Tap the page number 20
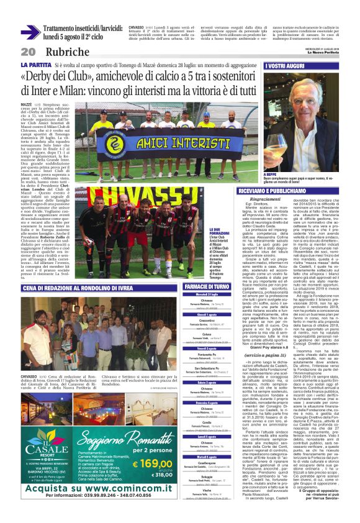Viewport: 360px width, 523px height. click(x=28, y=51)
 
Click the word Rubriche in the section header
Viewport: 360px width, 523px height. click(x=62, y=51)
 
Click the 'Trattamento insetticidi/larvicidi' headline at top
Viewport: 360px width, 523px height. click(x=83, y=29)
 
